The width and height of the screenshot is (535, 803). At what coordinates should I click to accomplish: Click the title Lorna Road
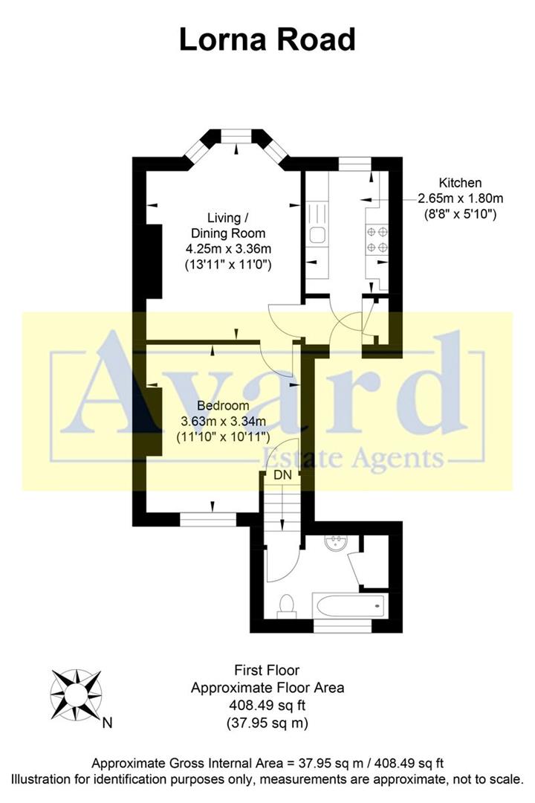click(267, 39)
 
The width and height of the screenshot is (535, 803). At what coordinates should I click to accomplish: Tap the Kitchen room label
click(460, 183)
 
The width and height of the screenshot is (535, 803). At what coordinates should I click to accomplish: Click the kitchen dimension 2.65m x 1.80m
click(460, 199)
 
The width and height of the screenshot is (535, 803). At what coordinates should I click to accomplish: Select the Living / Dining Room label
click(227, 225)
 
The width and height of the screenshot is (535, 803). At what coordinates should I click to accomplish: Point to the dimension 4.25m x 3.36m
click(227, 250)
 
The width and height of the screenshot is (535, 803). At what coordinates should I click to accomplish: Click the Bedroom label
click(223, 406)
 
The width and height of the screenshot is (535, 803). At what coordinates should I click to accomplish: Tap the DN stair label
click(282, 474)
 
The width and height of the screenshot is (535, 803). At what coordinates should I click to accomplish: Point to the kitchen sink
click(315, 236)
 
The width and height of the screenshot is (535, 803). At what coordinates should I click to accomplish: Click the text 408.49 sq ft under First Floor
click(267, 705)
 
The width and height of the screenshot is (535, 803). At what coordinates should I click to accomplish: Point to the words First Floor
click(267, 671)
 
